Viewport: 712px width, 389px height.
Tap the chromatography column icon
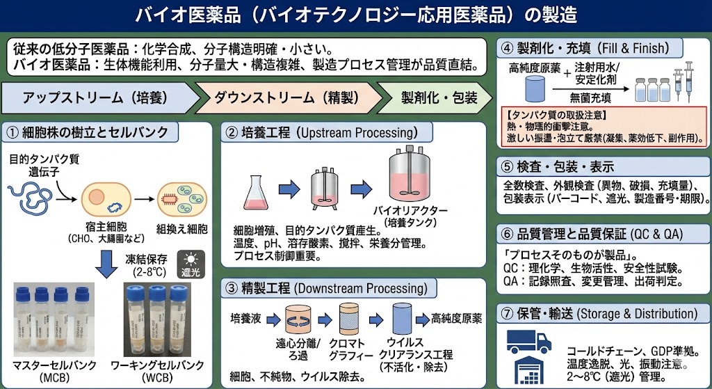350,321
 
